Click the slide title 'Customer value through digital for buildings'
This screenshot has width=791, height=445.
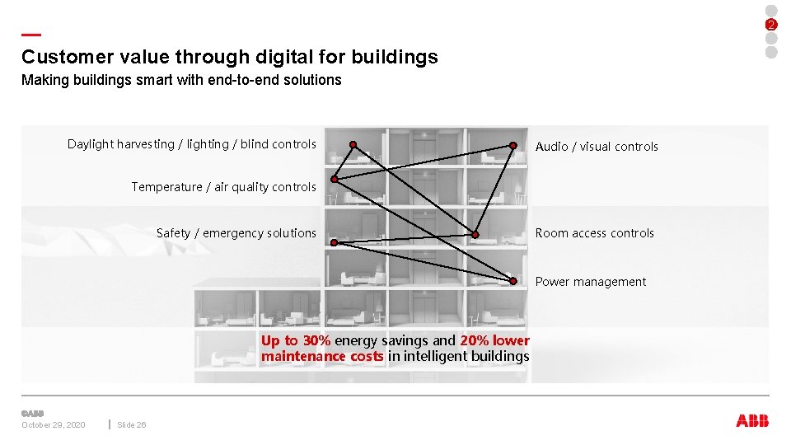click(x=230, y=57)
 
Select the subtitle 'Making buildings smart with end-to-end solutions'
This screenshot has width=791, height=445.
click(x=181, y=80)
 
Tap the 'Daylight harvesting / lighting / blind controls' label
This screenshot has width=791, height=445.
click(x=191, y=144)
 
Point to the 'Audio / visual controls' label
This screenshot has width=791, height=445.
click(x=597, y=147)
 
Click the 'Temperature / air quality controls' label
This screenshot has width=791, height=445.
click(x=223, y=187)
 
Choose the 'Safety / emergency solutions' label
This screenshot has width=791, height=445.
click(x=236, y=233)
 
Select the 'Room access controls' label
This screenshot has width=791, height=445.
click(x=594, y=233)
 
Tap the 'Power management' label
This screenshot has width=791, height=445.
click(x=590, y=282)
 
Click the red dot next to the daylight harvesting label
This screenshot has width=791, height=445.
click(x=353, y=145)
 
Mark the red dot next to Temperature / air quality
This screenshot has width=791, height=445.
click(x=335, y=179)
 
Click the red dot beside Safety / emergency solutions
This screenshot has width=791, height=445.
click(x=334, y=242)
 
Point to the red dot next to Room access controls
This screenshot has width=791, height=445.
click(x=475, y=235)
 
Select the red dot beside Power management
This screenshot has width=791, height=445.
click(x=513, y=281)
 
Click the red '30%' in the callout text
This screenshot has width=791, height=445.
click(x=316, y=340)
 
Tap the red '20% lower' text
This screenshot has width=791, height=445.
click(x=494, y=340)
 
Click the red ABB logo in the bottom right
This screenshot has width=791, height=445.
click(x=752, y=420)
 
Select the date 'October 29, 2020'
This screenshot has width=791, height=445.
click(x=53, y=425)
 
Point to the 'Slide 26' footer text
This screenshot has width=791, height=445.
click(x=132, y=425)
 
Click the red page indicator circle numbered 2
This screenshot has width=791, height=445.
click(x=771, y=24)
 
